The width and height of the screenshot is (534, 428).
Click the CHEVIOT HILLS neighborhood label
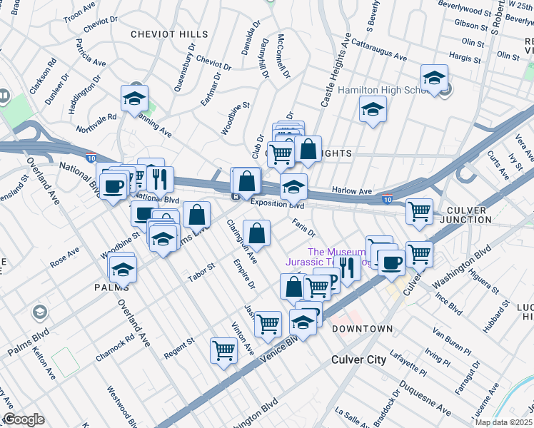point(169,34)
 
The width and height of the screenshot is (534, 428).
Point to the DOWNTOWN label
point(362,328)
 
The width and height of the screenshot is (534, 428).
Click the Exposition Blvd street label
point(277,204)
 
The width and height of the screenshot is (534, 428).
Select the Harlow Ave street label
point(353,191)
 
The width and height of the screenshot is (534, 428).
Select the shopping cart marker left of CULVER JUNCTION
point(419,210)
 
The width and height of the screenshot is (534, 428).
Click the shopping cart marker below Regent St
point(223,350)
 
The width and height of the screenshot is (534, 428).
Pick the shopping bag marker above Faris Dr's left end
point(257,232)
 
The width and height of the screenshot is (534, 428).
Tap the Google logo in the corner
point(24,419)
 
